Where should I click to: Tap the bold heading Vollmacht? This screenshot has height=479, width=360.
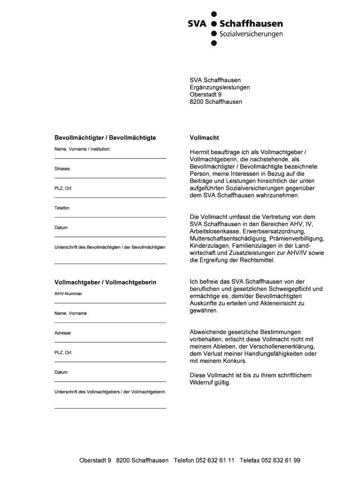pyautogui.click(x=204, y=138)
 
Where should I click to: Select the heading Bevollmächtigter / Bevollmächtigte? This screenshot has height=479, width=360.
pyautogui.click(x=105, y=138)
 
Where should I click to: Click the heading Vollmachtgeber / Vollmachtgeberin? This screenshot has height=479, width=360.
pyautogui.click(x=105, y=283)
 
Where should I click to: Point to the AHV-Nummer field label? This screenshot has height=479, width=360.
pyautogui.click(x=68, y=294)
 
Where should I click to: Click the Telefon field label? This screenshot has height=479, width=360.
pyautogui.click(x=62, y=208)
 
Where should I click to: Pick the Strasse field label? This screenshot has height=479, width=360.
pyautogui.click(x=63, y=168)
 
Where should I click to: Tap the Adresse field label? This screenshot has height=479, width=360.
pyautogui.click(x=63, y=333)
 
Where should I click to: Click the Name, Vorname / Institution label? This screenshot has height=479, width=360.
pyautogui.click(x=83, y=149)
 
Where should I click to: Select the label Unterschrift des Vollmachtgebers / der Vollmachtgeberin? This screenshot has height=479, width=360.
pyautogui.click(x=110, y=392)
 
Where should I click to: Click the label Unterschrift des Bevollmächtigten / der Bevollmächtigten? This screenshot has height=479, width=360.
pyautogui.click(x=110, y=247)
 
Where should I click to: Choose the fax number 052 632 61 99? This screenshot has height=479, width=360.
pyautogui.click(x=281, y=460)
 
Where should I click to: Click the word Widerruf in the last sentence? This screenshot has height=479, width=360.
pyautogui.click(x=202, y=382)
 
